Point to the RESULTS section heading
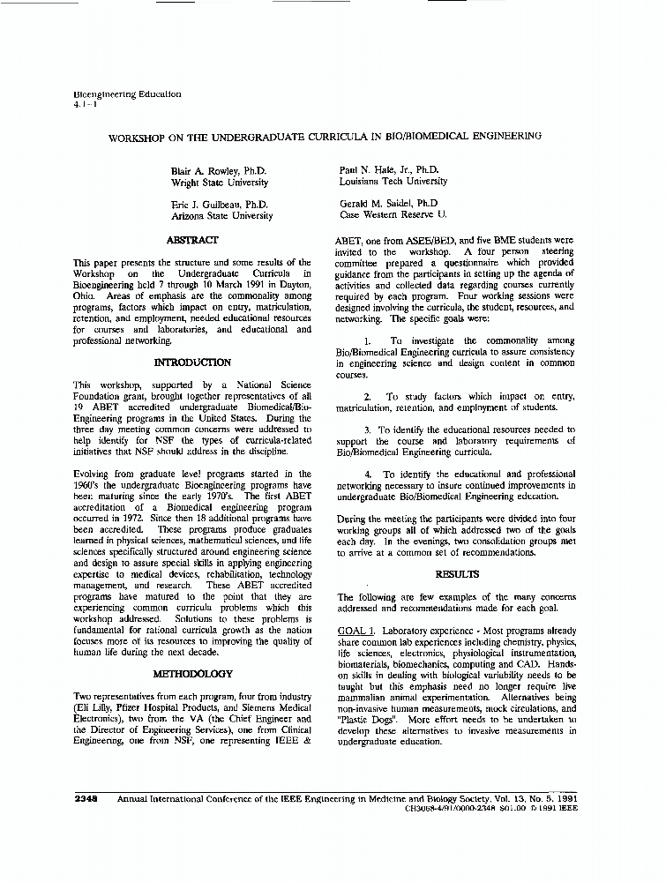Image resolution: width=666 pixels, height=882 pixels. click(457, 574)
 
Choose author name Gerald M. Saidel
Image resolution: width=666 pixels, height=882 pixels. click(389, 203)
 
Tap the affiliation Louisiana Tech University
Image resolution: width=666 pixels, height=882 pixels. click(393, 181)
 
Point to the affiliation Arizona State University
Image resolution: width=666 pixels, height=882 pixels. click(221, 216)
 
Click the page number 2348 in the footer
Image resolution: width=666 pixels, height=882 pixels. click(86, 798)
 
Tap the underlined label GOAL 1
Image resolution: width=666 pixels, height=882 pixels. click(356, 632)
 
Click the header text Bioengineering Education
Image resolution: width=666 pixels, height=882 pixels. click(127, 93)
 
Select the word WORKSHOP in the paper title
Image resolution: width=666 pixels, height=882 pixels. click(136, 138)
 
